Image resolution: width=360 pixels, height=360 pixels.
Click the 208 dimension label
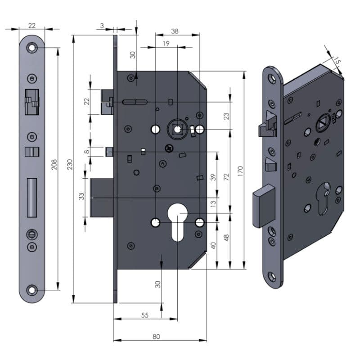click(54, 164)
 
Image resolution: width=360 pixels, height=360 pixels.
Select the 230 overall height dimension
click(70, 164)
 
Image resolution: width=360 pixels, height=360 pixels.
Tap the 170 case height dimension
click(240, 171)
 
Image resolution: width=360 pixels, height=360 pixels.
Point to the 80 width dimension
click(156, 337)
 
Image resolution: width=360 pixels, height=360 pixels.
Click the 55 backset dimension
click(145, 315)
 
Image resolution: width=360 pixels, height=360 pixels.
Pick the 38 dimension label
click(175, 31)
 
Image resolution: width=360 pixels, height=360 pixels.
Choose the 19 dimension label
click(166, 43)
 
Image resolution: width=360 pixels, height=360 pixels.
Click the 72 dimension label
click(226, 177)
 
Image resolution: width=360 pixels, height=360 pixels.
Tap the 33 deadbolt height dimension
click(81, 197)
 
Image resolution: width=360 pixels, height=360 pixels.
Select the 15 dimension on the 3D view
click(337, 61)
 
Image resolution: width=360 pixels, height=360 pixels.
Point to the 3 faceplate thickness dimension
click(102, 26)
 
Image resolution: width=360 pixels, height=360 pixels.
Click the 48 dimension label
click(226, 238)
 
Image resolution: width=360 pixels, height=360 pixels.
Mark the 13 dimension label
click(213, 204)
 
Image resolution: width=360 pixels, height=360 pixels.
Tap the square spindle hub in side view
click(177, 130)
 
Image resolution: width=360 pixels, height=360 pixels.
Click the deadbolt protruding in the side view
click(102, 198)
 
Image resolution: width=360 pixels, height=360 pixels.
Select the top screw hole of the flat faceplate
click(31, 48)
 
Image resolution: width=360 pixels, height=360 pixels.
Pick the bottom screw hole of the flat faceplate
click(31, 290)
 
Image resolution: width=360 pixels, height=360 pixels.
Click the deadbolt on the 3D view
click(264, 207)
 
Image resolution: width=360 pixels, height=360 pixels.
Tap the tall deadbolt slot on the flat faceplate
click(32, 198)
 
